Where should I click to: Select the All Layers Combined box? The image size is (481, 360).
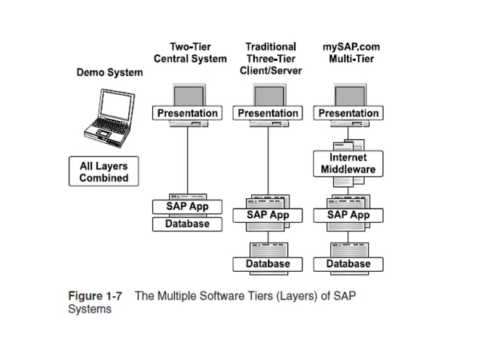point(104,171)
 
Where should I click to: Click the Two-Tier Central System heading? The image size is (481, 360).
point(190,53)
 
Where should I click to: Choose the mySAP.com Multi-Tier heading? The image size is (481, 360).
point(349,53)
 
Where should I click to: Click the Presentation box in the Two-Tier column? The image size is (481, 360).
point(188,113)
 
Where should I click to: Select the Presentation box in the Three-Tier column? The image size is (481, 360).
point(268,113)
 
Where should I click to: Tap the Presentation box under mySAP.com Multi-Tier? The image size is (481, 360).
point(349,113)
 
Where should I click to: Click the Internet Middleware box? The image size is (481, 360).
point(348,163)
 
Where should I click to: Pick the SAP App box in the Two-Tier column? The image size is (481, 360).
point(188,206)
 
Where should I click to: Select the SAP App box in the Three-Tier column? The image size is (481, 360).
point(268,215)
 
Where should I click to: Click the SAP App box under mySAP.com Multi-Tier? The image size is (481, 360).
point(348,215)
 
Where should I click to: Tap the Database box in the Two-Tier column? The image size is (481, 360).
point(188,224)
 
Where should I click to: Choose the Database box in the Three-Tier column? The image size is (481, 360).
point(268,264)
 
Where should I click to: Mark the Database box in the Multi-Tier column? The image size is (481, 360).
point(348,264)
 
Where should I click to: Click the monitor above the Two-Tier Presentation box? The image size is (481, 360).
point(188,95)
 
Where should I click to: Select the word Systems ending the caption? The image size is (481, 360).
point(90,309)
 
